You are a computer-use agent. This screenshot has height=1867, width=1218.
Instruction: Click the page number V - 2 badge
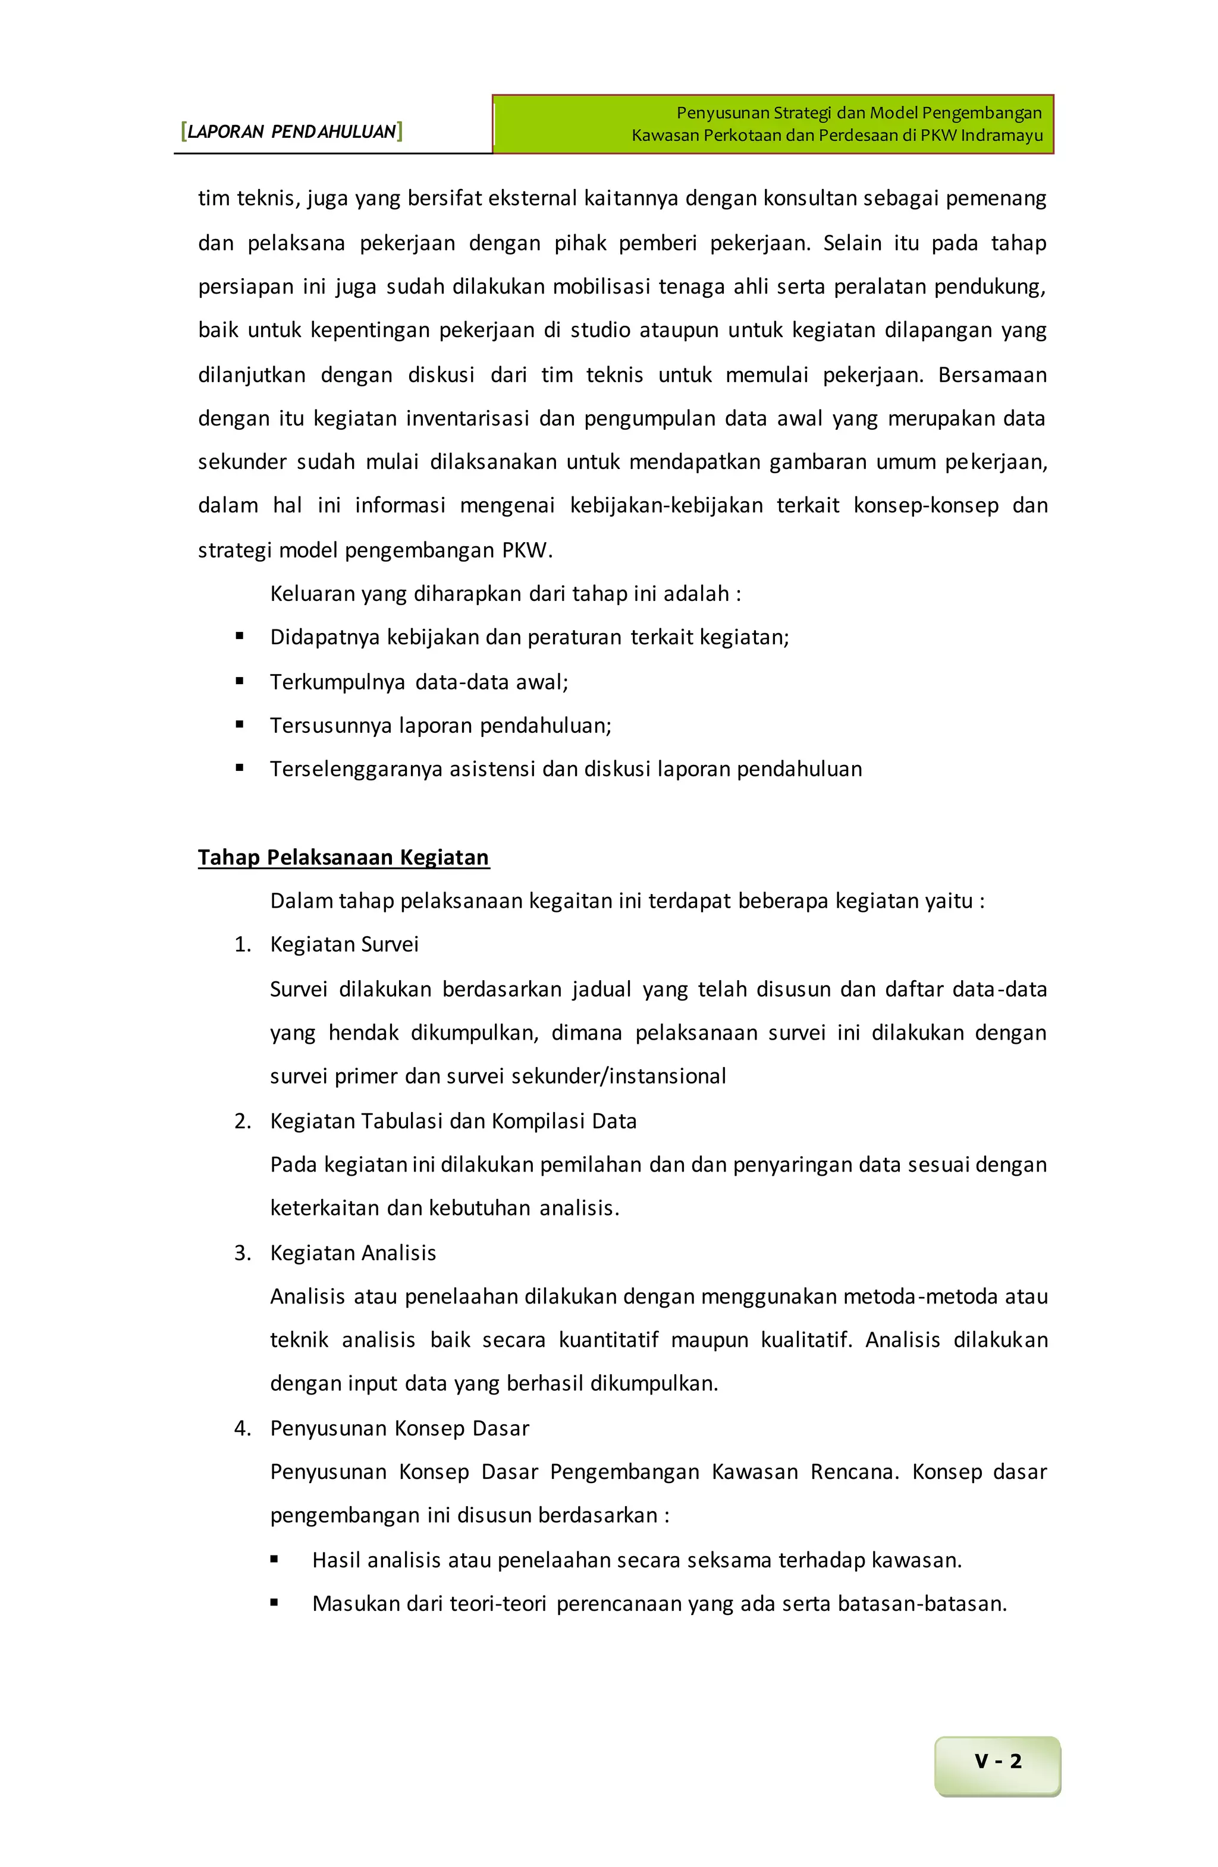997,1761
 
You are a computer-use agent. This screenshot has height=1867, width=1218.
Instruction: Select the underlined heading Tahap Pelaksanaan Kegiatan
343,857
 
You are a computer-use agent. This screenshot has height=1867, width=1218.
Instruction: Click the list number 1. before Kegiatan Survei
243,944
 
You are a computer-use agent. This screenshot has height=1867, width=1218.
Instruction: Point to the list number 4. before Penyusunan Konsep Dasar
243,1428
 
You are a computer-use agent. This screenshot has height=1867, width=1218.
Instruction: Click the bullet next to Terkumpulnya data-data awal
239,681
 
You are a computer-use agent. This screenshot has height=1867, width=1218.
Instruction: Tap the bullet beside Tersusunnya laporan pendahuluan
239,725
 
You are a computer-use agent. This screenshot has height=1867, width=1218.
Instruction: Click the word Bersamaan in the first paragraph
992,375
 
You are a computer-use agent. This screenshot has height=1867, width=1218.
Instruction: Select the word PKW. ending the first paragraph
528,550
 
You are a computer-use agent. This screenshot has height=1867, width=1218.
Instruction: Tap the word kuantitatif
608,1339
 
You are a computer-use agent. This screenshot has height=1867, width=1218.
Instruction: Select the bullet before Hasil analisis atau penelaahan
274,1560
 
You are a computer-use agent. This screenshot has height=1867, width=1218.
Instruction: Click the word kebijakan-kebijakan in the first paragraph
666,505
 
